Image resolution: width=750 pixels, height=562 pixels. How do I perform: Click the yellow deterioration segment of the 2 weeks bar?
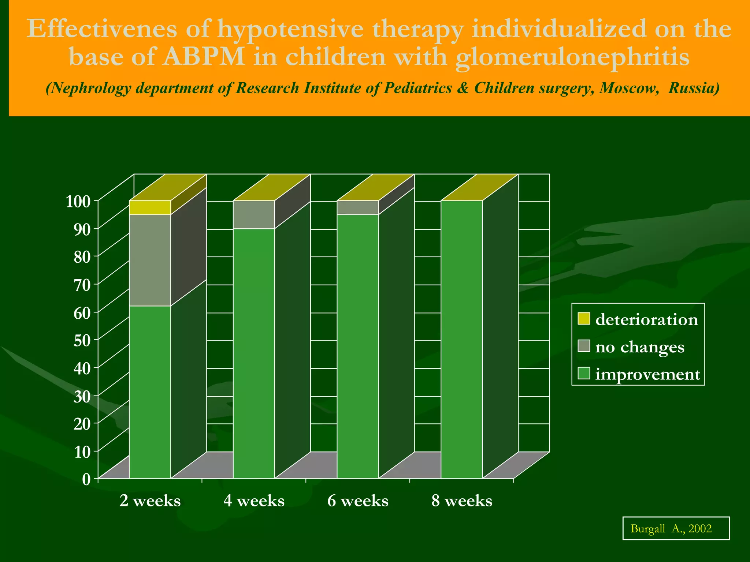pos(150,207)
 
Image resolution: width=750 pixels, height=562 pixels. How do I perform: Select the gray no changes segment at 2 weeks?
pos(150,260)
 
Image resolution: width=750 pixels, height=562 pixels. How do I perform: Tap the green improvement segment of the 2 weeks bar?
pos(150,391)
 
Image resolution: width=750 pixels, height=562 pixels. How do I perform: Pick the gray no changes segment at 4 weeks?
pos(254,214)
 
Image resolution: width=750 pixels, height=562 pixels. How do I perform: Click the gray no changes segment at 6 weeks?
pos(358,207)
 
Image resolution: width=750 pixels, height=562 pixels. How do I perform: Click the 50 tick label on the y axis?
pos(81,340)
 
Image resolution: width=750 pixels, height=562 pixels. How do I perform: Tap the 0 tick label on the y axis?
pos(86,479)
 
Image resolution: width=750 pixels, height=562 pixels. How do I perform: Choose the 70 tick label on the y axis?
pos(81,285)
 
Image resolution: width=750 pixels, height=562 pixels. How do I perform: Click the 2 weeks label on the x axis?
pos(150,501)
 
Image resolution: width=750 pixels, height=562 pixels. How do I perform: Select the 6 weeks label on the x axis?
pos(358,501)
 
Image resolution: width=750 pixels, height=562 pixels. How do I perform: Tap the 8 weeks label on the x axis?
pos(462,501)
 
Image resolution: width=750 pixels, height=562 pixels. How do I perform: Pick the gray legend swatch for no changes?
pos(584,346)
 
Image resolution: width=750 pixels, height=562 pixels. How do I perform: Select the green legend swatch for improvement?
pos(584,374)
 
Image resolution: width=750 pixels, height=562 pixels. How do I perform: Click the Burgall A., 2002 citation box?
pos(676,528)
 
